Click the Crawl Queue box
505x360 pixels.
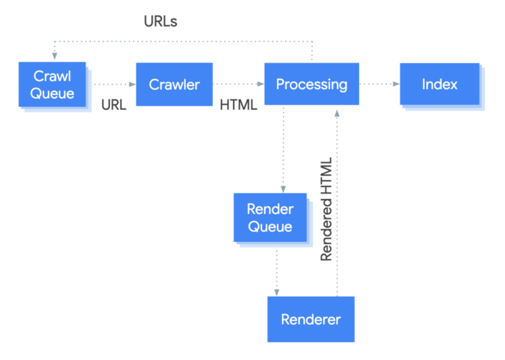tap(52, 84)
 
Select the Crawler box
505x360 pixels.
tap(174, 84)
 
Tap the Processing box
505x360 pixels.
tap(311, 84)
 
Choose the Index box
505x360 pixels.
tap(439, 84)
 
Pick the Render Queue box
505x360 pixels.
tap(269, 217)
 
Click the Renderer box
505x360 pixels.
tap(310, 319)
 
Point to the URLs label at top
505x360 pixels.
tap(160, 22)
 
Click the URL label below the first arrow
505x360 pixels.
tap(114, 105)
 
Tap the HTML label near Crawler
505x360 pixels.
tap(238, 105)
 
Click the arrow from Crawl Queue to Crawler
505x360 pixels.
tap(113, 84)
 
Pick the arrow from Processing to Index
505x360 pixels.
tap(379, 84)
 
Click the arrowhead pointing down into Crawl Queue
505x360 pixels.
tap(53, 57)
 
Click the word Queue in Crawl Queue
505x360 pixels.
tap(52, 93)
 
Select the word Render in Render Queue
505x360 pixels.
tap(269, 210)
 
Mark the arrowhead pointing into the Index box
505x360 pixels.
tap(396, 84)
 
